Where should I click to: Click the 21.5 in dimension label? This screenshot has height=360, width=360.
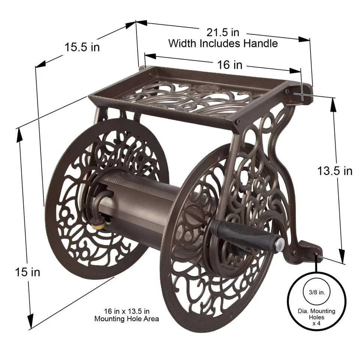[223, 32]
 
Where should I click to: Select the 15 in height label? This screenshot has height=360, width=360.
[28, 271]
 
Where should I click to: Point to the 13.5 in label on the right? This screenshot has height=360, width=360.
[334, 171]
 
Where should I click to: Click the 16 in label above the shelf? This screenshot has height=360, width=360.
[230, 64]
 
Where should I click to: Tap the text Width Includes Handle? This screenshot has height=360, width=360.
[223, 43]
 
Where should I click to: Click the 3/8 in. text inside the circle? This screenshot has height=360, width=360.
[311, 292]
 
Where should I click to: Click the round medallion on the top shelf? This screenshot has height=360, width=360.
[202, 89]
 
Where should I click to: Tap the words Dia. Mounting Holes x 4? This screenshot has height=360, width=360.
[311, 316]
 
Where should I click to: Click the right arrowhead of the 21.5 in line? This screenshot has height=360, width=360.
[306, 39]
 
